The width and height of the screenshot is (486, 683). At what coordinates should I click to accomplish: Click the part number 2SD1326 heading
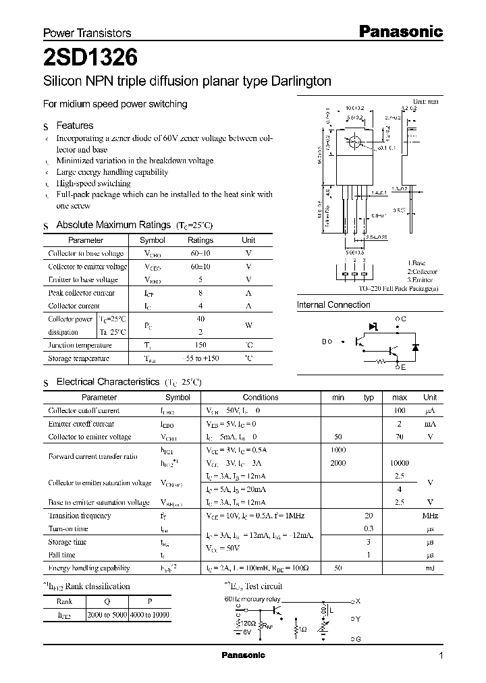pyautogui.click(x=90, y=58)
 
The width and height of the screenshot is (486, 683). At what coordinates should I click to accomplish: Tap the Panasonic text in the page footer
pyautogui.click(x=243, y=655)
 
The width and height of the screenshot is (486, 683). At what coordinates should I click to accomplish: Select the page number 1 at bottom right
pyautogui.click(x=441, y=656)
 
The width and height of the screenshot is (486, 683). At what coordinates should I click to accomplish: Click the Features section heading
pyautogui.click(x=74, y=126)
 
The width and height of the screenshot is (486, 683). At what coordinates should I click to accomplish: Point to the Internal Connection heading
pyautogui.click(x=333, y=305)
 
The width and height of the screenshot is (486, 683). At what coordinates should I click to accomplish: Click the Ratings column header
pyautogui.click(x=200, y=240)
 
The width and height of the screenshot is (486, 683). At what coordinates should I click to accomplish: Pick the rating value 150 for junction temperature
pyautogui.click(x=200, y=346)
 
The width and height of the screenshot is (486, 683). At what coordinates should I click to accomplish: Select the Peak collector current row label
pyautogui.click(x=81, y=293)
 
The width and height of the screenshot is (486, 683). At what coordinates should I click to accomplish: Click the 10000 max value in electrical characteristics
pyautogui.click(x=400, y=463)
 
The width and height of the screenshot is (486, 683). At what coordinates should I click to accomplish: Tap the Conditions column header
pyautogui.click(x=260, y=398)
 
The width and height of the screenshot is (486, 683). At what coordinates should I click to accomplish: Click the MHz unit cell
pyautogui.click(x=429, y=516)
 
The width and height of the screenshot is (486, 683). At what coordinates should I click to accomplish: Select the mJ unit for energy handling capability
pyautogui.click(x=429, y=568)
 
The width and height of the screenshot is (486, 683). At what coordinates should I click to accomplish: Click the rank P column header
pyautogui.click(x=151, y=602)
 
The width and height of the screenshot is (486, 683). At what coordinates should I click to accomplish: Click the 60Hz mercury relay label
pyautogui.click(x=252, y=599)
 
